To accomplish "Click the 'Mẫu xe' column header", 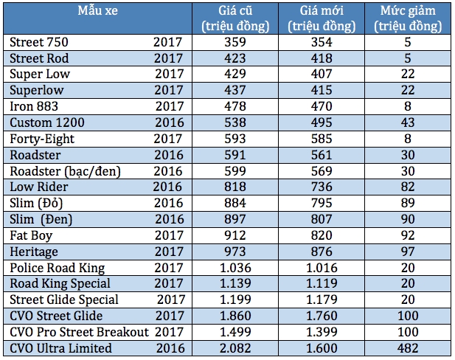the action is pyautogui.click(x=97, y=11).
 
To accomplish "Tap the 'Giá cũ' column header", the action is pyautogui.click(x=235, y=11).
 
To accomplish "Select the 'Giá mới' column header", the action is pyautogui.click(x=322, y=11).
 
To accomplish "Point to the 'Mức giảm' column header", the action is pyautogui.click(x=408, y=11).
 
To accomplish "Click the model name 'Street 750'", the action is pyautogui.click(x=39, y=42).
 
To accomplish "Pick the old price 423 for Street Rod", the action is pyautogui.click(x=235, y=58).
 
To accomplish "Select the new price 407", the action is pyautogui.click(x=322, y=74).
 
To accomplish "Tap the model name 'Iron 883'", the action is pyautogui.click(x=34, y=106).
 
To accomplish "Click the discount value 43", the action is pyautogui.click(x=408, y=122).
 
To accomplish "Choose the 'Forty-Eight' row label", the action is pyautogui.click(x=42, y=139).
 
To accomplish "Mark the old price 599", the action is pyautogui.click(x=235, y=171).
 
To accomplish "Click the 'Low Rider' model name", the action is pyautogui.click(x=39, y=187).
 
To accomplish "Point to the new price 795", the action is pyautogui.click(x=322, y=203).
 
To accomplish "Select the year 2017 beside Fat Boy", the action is pyautogui.click(x=169, y=235).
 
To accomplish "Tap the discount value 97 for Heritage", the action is pyautogui.click(x=408, y=252).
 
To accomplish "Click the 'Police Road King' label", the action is pyautogui.click(x=58, y=268).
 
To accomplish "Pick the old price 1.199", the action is pyautogui.click(x=235, y=300).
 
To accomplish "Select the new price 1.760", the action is pyautogui.click(x=322, y=316).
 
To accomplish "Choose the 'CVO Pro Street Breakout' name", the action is pyautogui.click(x=79, y=332).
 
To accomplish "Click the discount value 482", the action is pyautogui.click(x=408, y=348).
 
